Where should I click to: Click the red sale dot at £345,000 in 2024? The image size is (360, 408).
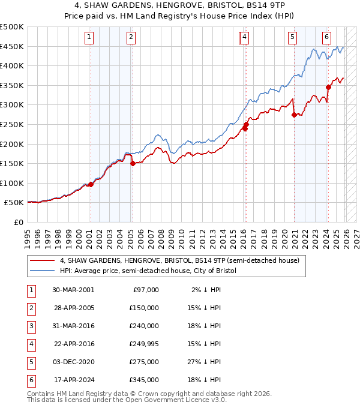click(x=328, y=88)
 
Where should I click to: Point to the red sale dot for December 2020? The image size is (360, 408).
click(x=294, y=115)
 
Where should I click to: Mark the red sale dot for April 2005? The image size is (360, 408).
click(x=133, y=163)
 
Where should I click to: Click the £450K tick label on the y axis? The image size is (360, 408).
click(x=12, y=46)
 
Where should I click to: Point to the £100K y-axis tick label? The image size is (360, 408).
click(x=12, y=183)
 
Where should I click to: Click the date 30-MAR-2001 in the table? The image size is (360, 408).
click(x=73, y=290)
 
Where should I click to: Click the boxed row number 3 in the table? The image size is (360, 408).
click(x=30, y=326)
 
